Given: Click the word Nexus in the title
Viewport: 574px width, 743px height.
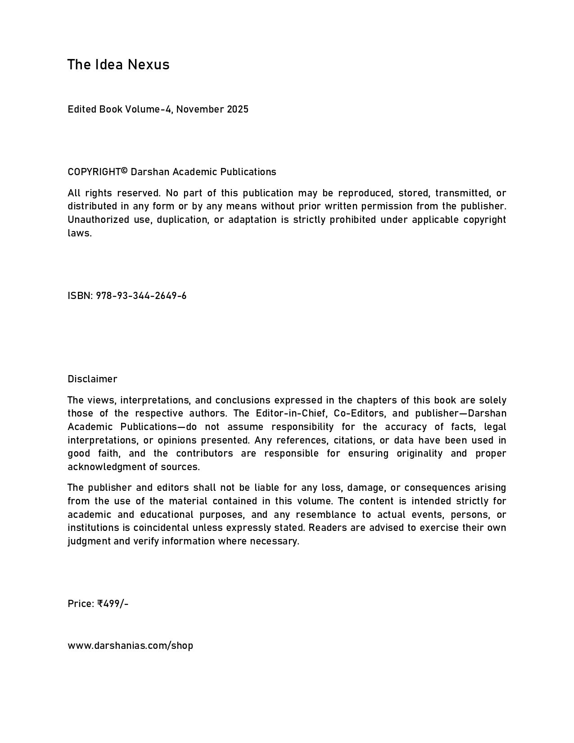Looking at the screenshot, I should coord(149,65).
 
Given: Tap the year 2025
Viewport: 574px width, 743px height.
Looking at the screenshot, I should coord(237,109).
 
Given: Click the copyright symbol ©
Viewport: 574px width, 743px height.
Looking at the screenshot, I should coord(125,171).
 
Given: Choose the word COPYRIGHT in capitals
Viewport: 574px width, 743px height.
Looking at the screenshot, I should coord(94,172).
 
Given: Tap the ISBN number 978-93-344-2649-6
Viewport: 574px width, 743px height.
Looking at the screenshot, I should coord(141,296).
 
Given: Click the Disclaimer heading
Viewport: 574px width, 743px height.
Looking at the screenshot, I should coord(92,379).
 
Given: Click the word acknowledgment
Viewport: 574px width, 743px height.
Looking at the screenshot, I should coord(107,467).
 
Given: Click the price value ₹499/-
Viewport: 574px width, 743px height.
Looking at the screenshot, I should coord(113,604).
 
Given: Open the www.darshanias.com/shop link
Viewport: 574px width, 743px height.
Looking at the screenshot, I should coord(130,646).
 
